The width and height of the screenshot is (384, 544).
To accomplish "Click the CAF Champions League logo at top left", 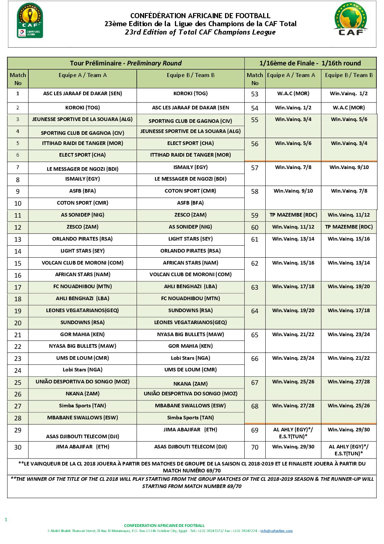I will pos(30,20).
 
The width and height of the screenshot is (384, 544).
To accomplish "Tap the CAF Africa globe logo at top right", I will pos(351,19).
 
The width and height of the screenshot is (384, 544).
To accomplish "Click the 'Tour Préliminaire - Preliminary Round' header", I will pos(126,63).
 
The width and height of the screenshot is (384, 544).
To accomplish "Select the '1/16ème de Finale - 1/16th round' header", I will pos(310,63).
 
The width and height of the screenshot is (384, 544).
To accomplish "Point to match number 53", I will pos(255,94).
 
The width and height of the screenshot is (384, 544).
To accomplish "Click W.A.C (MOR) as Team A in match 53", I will pos(293,93).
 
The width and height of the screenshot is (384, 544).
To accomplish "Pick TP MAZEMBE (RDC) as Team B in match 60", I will pos(349,227).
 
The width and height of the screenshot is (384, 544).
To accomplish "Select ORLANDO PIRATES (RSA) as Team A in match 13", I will pos(82,239).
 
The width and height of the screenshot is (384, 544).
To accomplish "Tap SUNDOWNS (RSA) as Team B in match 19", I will pos(191,310).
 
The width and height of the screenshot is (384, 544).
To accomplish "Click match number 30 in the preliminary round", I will pos(18,447).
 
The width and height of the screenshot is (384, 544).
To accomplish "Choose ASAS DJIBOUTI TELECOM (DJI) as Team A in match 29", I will pos(82,436).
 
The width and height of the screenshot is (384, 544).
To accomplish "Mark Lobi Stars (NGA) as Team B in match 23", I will pos(191,358).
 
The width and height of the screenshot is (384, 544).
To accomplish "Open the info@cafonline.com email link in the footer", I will pos(277,531).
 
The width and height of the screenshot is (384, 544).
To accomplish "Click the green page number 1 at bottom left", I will pos(6,520).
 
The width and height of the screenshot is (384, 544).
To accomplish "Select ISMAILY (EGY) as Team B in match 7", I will pos(191,167).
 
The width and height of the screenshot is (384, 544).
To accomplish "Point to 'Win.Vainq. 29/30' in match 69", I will pos(349,430).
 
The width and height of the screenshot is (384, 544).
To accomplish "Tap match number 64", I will pos(255,311).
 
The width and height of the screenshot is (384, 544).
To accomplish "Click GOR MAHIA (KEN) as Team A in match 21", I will pos(82,334).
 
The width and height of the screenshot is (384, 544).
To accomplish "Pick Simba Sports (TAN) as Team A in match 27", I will pos(82,406).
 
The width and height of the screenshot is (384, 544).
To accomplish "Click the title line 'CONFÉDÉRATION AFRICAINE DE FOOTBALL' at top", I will pos(200,16).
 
